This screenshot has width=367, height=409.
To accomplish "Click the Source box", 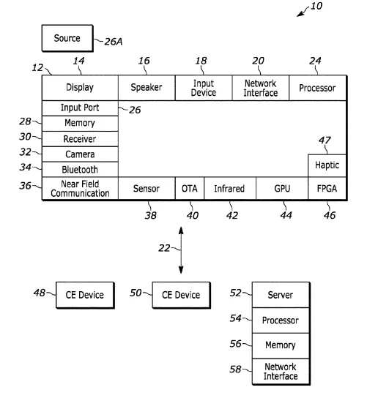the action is [67, 38].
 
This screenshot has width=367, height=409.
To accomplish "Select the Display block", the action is [80, 88].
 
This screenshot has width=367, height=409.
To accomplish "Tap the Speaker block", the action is [147, 88].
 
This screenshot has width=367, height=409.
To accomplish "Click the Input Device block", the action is [204, 88].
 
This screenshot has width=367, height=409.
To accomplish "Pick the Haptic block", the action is [327, 165].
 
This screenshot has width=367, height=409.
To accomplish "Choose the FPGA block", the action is [327, 189].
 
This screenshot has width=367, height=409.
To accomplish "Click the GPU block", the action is [282, 189].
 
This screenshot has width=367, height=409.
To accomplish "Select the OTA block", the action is [190, 189].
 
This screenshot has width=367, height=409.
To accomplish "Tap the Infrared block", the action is [230, 189].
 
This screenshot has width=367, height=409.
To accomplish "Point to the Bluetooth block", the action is [80, 170].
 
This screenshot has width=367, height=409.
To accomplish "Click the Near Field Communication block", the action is [80, 189].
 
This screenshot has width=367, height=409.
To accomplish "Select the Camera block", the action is [80, 154].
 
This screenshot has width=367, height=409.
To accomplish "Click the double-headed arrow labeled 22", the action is [181, 250].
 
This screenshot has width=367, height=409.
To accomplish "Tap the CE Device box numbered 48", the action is [85, 295].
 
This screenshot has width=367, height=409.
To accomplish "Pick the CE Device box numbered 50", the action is [181, 295].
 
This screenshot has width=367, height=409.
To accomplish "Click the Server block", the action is [281, 295].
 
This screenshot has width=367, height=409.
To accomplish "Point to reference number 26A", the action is [114, 42].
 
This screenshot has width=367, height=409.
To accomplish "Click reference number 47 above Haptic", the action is [325, 140].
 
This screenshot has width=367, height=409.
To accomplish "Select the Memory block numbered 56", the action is [281, 345].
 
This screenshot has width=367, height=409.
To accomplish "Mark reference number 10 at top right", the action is [316, 7].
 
